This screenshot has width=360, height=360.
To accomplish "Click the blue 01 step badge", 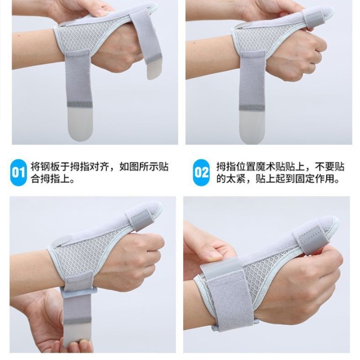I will click(18, 172).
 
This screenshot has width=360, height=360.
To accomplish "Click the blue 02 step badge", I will click(201, 172).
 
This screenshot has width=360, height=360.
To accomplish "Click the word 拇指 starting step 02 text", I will click(223, 167).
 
